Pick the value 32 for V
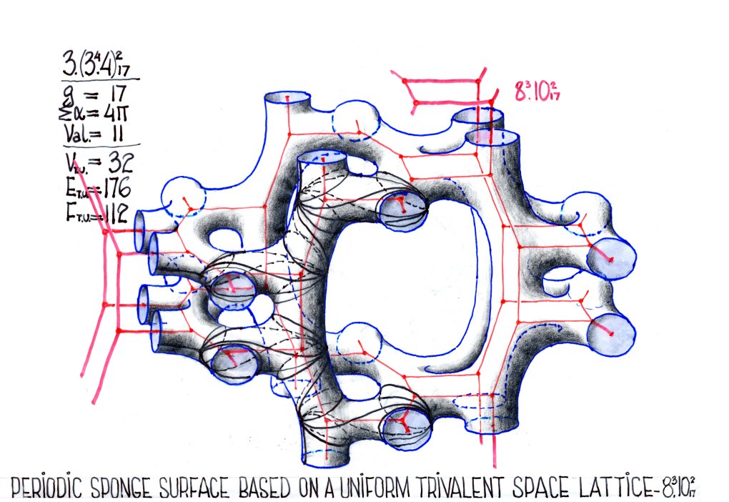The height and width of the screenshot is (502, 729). tap(120, 162)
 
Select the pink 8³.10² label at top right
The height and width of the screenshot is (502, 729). tap(537, 91)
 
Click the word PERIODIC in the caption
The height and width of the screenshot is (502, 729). tap(46, 488)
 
